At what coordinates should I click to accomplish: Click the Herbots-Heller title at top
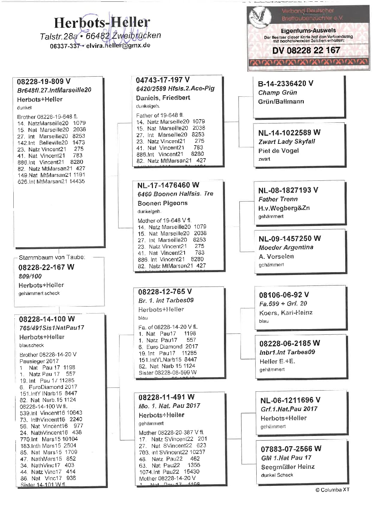pyautogui.click(x=102, y=23)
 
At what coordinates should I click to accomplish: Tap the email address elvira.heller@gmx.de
pyautogui.click(x=118, y=45)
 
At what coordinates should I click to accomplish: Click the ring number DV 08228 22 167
pyautogui.click(x=306, y=50)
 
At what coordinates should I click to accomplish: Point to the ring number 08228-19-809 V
pyautogui.click(x=44, y=82)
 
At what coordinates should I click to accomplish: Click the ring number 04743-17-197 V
pyautogui.click(x=162, y=80)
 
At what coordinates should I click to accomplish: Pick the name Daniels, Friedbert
pyautogui.click(x=163, y=97)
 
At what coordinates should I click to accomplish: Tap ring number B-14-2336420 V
pyautogui.click(x=286, y=83)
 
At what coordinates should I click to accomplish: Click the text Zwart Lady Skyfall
pyautogui.click(x=287, y=141)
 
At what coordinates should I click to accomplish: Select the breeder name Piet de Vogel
pyautogui.click(x=278, y=150)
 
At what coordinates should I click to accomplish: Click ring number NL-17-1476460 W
pyautogui.click(x=168, y=185)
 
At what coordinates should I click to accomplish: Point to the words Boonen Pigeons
pyautogui.click(x=162, y=203)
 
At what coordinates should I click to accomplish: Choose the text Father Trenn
pyautogui.click(x=278, y=199)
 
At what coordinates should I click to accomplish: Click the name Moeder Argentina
pyautogui.click(x=286, y=247)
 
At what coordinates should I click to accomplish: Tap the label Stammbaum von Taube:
pyautogui.click(x=52, y=257)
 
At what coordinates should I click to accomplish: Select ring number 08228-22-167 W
pyautogui.click(x=46, y=267)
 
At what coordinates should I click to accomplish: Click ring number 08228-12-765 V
pyautogui.click(x=165, y=291)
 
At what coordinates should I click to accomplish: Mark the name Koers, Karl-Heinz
pyautogui.click(x=286, y=313)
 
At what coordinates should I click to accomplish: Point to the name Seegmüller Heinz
pyautogui.click(x=288, y=467)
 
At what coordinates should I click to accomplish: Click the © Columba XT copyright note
pyautogui.click(x=332, y=489)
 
